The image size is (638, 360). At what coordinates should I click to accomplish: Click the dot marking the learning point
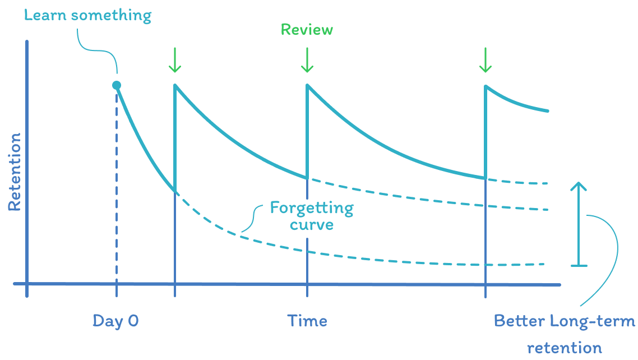point(117,85)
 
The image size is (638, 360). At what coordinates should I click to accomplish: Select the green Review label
point(307,29)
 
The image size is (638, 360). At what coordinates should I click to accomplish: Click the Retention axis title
point(15,172)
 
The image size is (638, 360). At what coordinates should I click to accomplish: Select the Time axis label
point(307,321)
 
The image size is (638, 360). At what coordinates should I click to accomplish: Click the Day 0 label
point(115,321)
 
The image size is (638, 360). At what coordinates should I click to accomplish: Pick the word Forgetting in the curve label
point(312,209)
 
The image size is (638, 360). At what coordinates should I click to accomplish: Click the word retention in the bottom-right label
point(564,348)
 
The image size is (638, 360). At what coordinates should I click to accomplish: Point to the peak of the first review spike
point(175,85)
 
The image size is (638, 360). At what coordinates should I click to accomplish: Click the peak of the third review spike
point(486,85)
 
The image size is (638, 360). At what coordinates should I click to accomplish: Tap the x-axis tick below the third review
point(486,290)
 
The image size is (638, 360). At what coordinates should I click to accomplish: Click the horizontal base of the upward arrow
point(579,265)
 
